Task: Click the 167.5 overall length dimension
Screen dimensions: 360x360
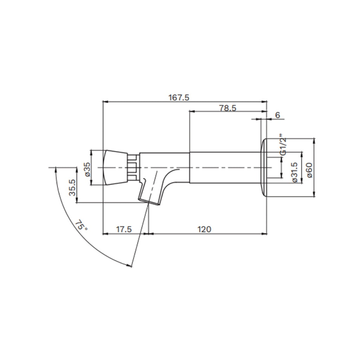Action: tap(179, 97)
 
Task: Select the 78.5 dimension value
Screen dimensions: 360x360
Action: tap(227, 108)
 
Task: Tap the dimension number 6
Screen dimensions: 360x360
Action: tap(277, 115)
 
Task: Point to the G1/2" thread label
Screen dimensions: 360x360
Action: tap(283, 145)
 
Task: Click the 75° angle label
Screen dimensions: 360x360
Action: tap(81, 225)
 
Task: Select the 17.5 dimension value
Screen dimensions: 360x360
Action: tap(124, 229)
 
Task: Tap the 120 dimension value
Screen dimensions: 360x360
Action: tap(204, 229)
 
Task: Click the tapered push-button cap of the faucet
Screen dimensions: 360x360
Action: tap(115, 168)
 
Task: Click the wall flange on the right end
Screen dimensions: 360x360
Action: tap(263, 168)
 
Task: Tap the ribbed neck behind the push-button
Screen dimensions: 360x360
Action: tap(132, 168)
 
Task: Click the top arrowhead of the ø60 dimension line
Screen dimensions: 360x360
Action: tap(314, 140)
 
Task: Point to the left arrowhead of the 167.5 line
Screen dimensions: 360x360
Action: tap(104, 102)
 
